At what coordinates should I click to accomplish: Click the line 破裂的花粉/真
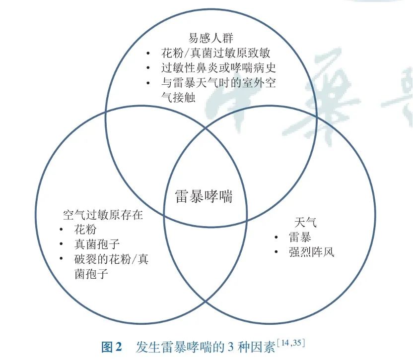pos(111,259)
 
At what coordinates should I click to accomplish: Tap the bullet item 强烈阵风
pos(311,252)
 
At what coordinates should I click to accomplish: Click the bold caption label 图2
pos(112,347)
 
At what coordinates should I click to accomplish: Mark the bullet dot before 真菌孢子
pos(61,244)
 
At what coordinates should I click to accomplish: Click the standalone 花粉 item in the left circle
pos(85,230)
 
